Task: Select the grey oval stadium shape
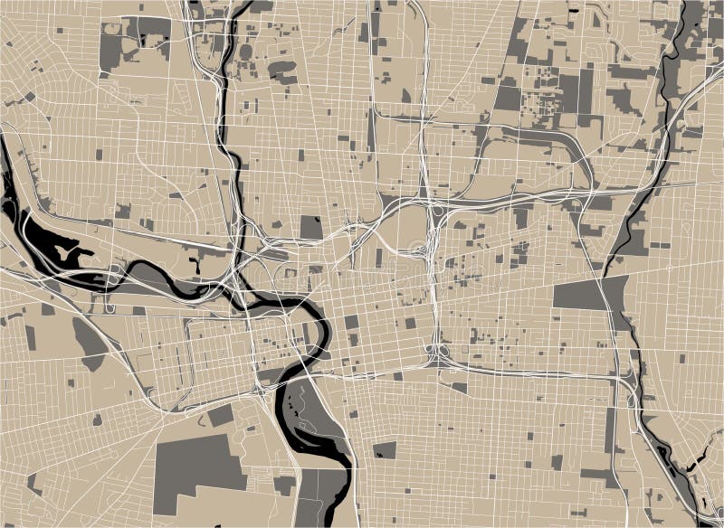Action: click(245, 52)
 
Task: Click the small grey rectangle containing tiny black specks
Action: click(384, 449)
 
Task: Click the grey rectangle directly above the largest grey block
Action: click(221, 416)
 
